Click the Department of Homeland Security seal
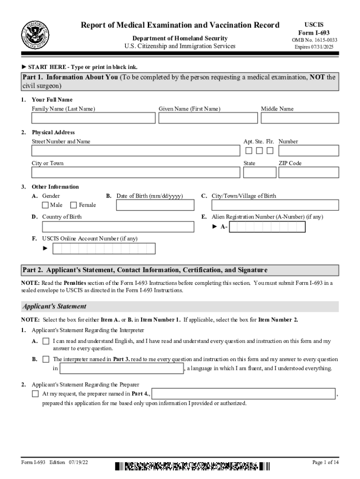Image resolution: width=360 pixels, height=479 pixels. tap(35, 35)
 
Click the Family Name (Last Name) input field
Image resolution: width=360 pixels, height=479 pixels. tap(94, 118)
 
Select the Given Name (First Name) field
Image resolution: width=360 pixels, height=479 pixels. tap(208, 118)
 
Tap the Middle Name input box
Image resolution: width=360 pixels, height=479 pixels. tap(300, 118)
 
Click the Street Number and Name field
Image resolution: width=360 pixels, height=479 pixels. tap(136, 151)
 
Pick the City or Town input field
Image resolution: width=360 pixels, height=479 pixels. tap(136, 173)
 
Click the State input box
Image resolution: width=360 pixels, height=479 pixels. tap(259, 173)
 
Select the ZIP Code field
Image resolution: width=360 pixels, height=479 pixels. tap(309, 173)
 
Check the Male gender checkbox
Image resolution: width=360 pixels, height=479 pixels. tap(45, 205)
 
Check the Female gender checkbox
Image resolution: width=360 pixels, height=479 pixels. tap(73, 205)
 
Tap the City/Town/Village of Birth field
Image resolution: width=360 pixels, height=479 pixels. tap(275, 205)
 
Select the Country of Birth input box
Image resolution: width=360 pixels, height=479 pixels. tap(118, 227)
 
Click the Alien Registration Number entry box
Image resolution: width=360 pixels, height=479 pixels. tap(267, 227)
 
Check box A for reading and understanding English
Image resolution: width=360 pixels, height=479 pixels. tap(46, 341)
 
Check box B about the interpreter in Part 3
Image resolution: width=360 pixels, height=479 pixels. tap(46, 359)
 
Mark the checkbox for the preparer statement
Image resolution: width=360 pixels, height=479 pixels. tap(35, 394)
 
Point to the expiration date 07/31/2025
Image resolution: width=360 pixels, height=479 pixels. tap(316, 47)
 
